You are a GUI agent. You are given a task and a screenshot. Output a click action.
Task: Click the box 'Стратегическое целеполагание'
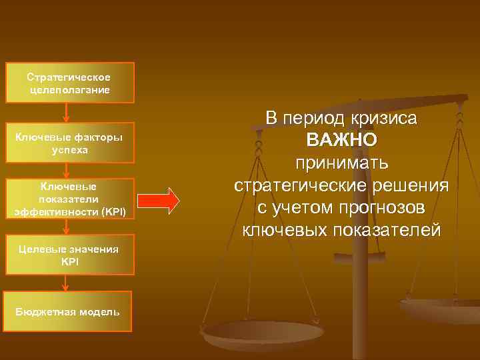pyautogui.click(x=70, y=83)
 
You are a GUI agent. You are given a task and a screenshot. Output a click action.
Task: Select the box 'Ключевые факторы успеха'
pyautogui.click(x=70, y=143)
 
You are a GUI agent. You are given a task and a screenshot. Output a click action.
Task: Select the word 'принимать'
pyautogui.click(x=341, y=163)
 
